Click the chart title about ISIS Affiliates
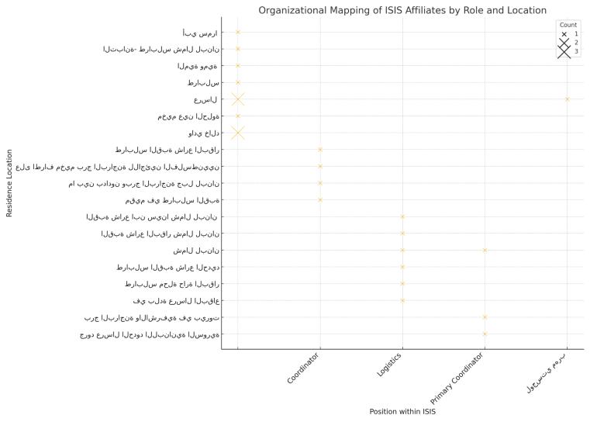coord(402,11)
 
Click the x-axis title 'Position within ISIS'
coord(402,412)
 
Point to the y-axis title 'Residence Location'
coord(9,183)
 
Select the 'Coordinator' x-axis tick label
coord(303,367)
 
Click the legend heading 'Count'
coord(568,25)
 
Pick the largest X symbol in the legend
coord(564,51)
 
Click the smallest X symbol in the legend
coord(564,34)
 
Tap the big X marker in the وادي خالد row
coord(238,133)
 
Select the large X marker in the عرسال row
coord(238,99)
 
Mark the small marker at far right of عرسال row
coord(568,99)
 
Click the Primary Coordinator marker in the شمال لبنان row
coord(485,250)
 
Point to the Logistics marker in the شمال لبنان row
coord(402,250)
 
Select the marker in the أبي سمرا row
coord(238,32)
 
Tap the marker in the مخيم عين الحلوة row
coord(238,116)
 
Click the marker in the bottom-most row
coord(485,334)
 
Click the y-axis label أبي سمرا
coord(200,32)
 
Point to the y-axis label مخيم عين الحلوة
coord(188,116)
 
